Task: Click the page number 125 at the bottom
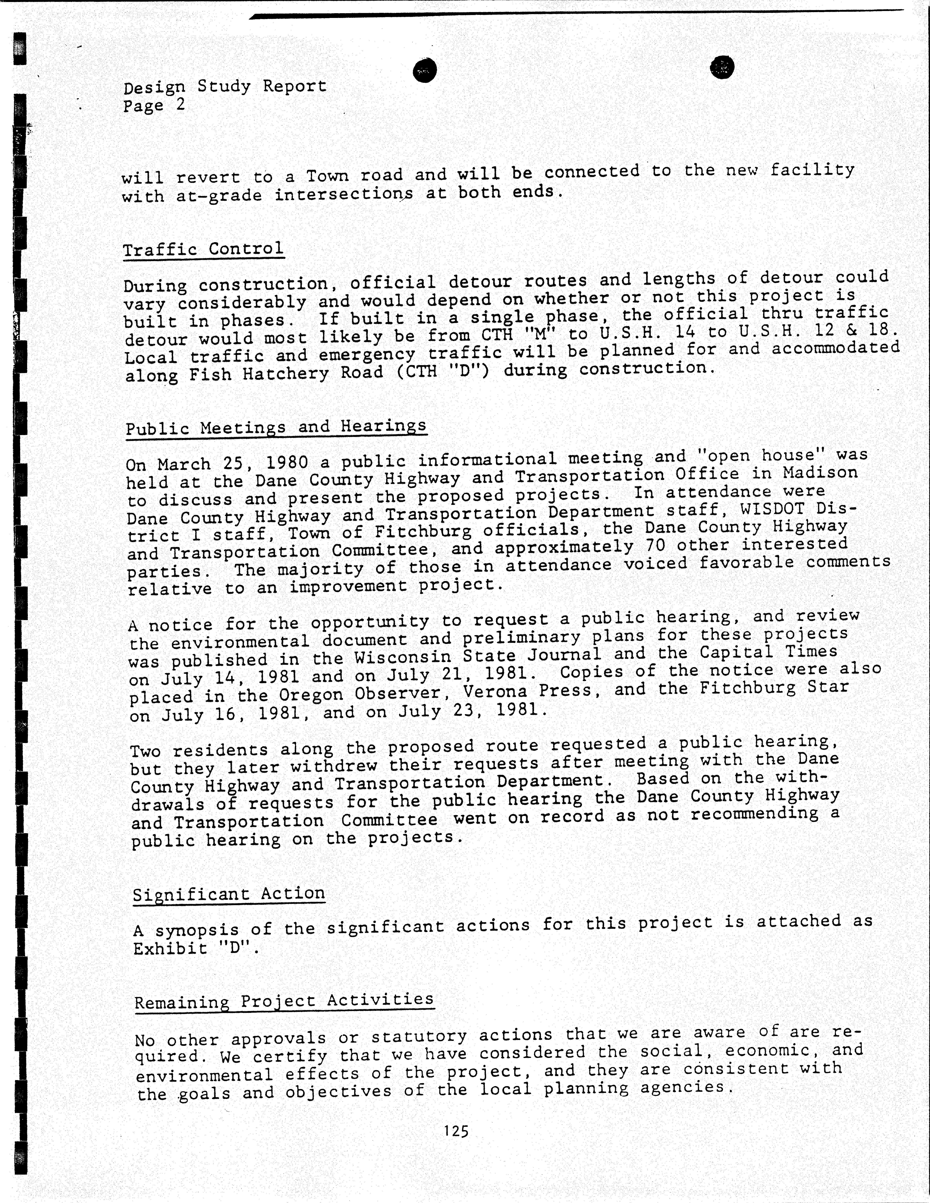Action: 456,1131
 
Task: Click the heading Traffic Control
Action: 203,249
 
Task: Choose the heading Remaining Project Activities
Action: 284,1000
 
